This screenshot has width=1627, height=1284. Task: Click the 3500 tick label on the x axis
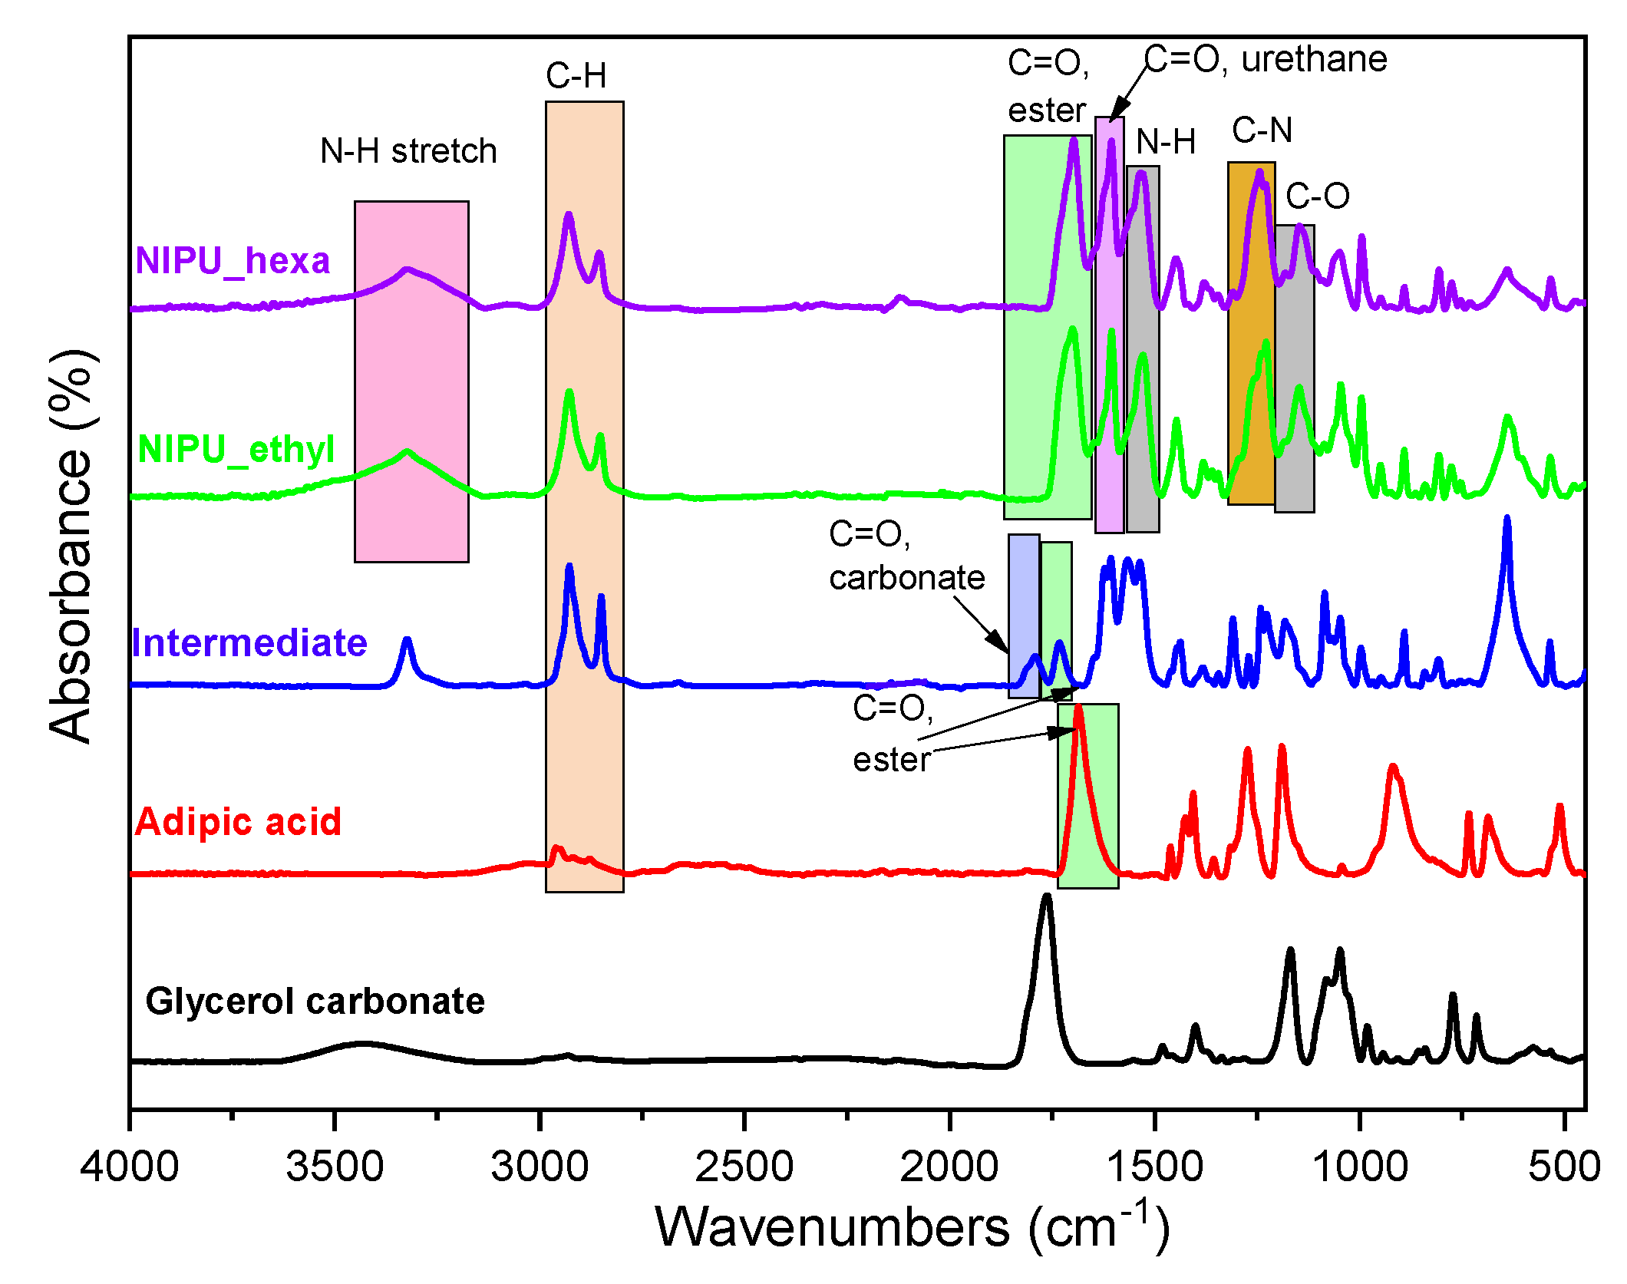click(334, 1167)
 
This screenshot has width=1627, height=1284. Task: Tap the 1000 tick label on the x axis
click(1360, 1167)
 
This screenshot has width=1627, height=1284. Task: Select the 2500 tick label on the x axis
click(744, 1167)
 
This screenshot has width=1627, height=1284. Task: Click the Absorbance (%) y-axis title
click(71, 546)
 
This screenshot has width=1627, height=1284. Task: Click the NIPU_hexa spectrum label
click(233, 261)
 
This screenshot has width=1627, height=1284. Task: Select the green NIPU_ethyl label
click(236, 449)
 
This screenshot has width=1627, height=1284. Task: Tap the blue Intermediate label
click(249, 643)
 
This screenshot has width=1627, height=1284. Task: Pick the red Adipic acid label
click(238, 822)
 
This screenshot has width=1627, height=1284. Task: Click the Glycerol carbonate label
click(315, 1002)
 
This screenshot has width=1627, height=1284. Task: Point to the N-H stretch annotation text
click(408, 151)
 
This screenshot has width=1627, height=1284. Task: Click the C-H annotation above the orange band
click(576, 76)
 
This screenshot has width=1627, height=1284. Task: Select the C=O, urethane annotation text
click(1266, 59)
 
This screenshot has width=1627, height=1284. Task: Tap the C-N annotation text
click(1262, 130)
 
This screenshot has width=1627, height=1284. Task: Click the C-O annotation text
click(1317, 196)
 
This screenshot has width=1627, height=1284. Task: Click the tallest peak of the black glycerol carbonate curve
click(1047, 899)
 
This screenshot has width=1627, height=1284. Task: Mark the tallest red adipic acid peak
click(1078, 708)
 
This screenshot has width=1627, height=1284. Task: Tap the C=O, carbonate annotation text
click(906, 556)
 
